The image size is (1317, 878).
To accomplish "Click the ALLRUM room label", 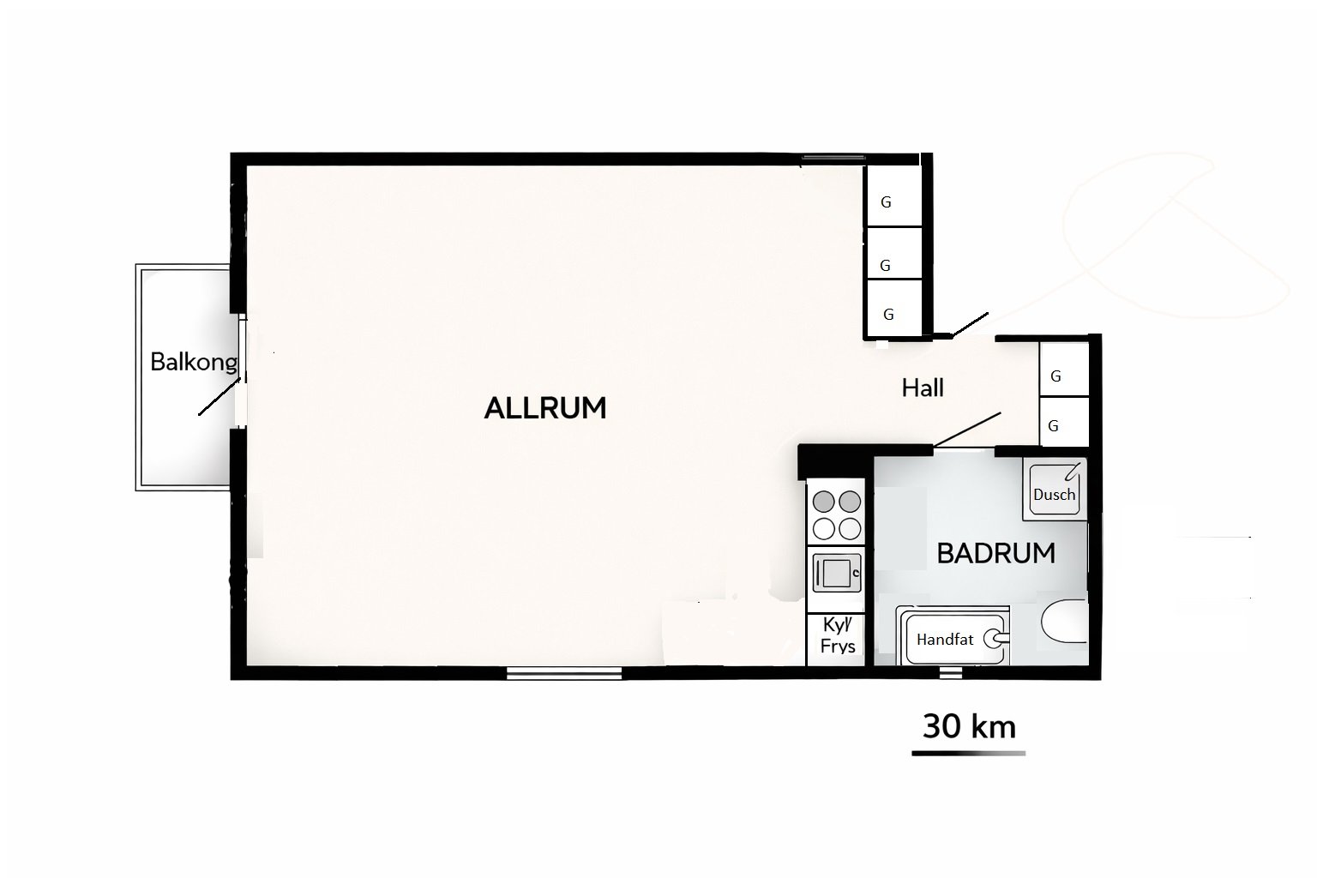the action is [545, 408].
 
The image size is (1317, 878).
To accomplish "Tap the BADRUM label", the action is [996, 553].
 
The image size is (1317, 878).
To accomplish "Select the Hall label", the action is [923, 388].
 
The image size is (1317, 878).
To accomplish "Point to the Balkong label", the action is [194, 362].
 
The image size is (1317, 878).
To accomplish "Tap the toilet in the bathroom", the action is [1064, 621].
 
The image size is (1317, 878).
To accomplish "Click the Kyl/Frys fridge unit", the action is [836, 640].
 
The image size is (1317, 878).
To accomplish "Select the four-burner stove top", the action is [836, 514].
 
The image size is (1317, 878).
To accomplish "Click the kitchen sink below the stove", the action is [836, 572].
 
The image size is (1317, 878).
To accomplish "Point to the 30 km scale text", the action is [969, 727].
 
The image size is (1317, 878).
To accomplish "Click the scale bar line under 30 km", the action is [968, 754].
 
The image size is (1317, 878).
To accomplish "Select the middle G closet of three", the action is [894, 254].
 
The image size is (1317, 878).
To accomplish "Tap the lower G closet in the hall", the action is [1064, 422].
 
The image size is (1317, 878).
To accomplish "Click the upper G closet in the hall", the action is [1064, 370].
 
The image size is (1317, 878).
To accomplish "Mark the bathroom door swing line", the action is [966, 430].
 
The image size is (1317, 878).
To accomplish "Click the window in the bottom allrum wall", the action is [564, 673].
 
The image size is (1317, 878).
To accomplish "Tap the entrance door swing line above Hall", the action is [970, 325].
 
